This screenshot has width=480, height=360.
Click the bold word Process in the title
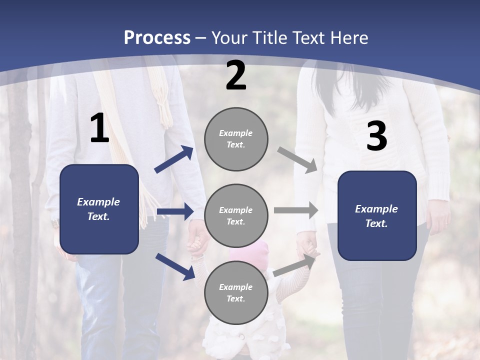pos(157,38)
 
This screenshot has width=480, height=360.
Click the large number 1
pos(99,128)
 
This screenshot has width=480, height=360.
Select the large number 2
pos(236,75)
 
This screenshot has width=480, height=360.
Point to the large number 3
pos(376,136)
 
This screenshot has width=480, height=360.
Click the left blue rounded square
pos(99,209)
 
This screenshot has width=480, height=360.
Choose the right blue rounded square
pos(377,215)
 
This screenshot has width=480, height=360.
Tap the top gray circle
pos(236,139)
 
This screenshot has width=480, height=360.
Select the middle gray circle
pos(236,215)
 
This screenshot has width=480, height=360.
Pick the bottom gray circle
pos(236,292)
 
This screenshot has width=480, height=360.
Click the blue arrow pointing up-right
pos(174,159)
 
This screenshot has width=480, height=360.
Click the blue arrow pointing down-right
pos(175,266)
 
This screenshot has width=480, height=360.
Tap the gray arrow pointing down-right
pos(297,160)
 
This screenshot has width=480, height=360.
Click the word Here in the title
pos(350,38)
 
